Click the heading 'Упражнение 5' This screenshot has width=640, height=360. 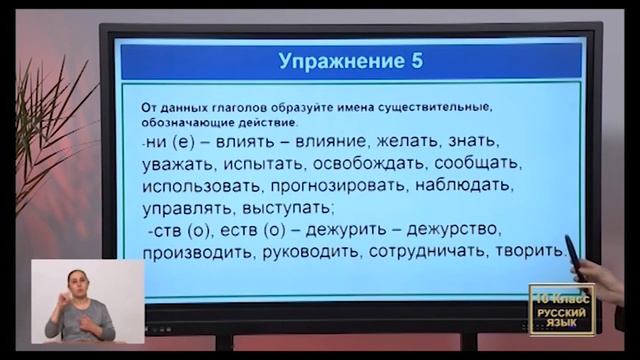[x=349, y=61]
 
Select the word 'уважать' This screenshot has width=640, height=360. [x=182, y=163]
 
